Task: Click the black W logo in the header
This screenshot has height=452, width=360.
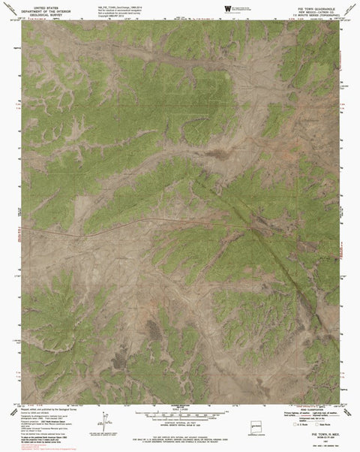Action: [x=227, y=8]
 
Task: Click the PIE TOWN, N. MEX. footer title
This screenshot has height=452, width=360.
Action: [x=319, y=433]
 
